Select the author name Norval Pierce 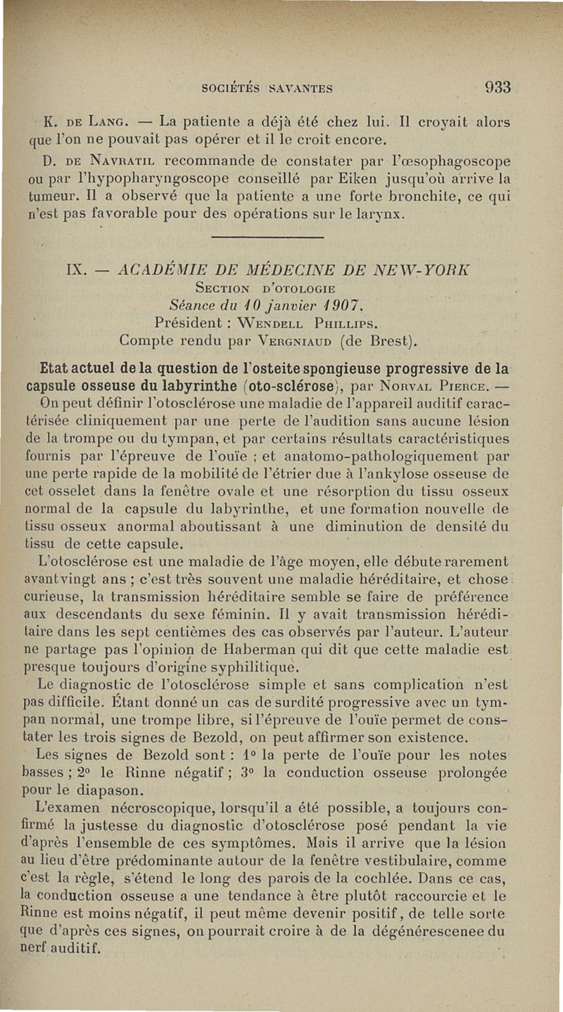pyautogui.click(x=409, y=386)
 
